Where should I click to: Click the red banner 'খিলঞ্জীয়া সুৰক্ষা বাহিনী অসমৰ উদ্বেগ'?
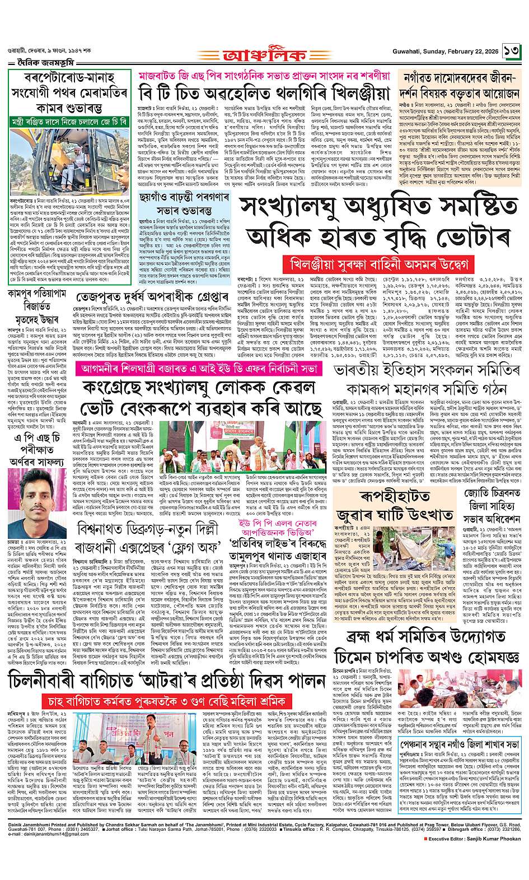(374, 263)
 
